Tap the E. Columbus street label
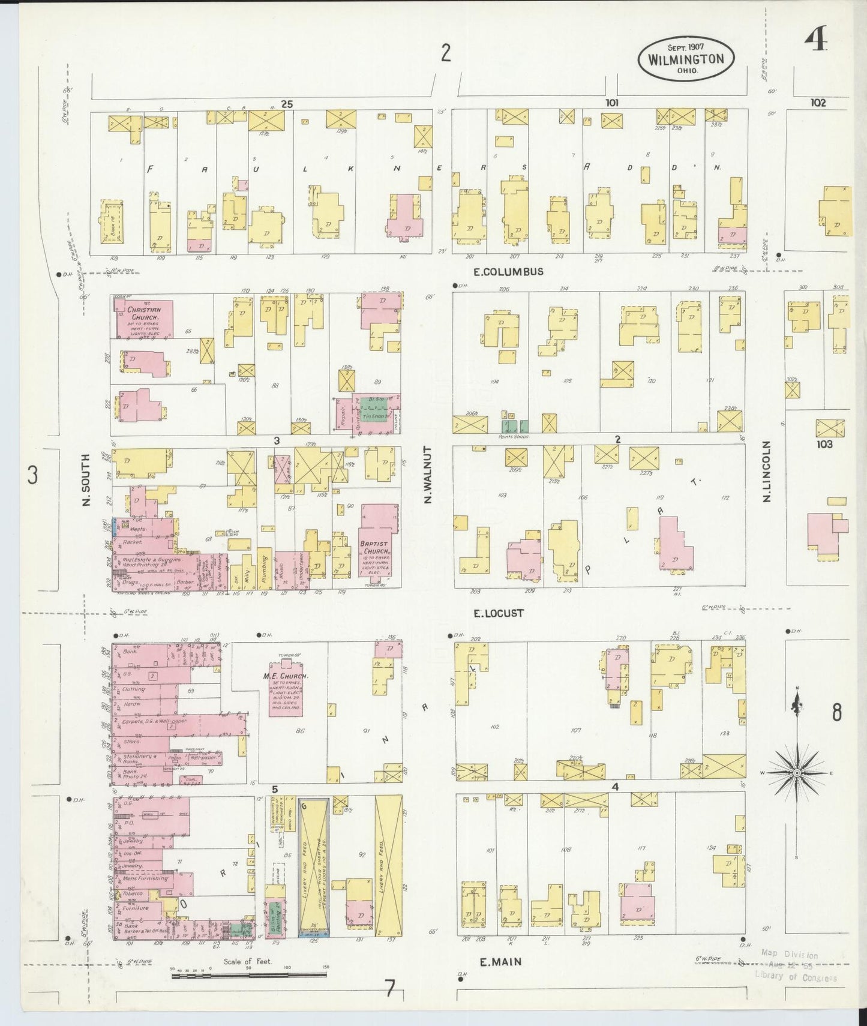tap(508, 271)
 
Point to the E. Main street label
tap(500, 962)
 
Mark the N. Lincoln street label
tap(766, 471)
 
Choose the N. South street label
tap(85, 479)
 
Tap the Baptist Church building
tap(377, 549)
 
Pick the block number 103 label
tap(824, 445)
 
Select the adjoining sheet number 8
tap(836, 713)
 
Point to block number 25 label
tap(287, 104)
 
